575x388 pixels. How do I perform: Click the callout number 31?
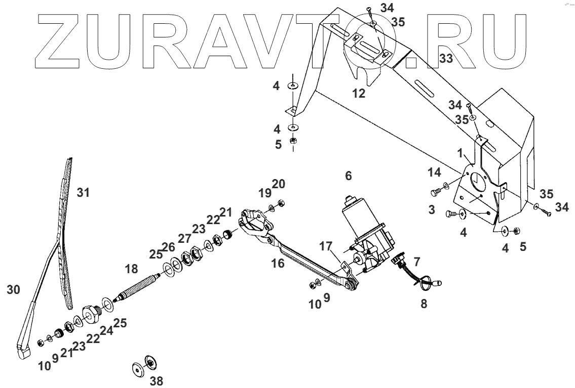[x=83, y=192]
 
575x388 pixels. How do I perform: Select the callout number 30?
[x=13, y=289]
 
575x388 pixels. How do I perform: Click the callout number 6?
[x=348, y=176]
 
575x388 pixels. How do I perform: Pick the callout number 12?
[x=359, y=94]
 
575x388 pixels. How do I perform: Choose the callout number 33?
[x=446, y=59]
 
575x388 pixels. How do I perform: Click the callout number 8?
[x=424, y=304]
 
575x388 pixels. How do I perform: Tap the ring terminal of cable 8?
[x=424, y=286]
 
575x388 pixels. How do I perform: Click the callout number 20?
[x=278, y=183]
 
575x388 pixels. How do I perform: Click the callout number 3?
[x=431, y=209]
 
